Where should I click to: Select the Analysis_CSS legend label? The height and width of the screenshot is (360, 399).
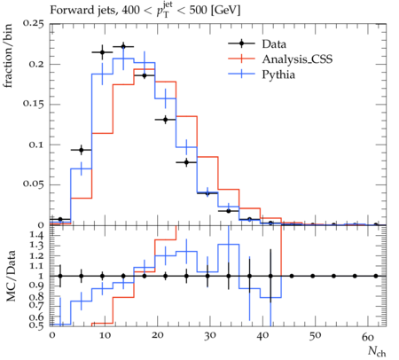pos(297,59)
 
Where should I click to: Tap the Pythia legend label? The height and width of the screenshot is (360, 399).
pos(278,74)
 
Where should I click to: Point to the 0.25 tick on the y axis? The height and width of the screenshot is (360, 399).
pos(33,24)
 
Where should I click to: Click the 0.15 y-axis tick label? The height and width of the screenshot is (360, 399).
pos(33,105)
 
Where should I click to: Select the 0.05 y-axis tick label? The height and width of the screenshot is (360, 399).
pos(33,184)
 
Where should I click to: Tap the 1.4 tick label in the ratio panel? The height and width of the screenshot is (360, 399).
pos(36,236)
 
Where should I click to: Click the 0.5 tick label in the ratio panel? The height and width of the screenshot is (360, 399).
pos(36,325)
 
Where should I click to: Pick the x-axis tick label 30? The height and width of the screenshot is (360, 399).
pos(209,336)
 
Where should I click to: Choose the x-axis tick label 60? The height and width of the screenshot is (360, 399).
pos(368,337)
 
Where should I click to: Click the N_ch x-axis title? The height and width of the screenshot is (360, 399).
pos(377,351)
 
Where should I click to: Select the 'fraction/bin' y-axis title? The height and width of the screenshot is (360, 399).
pos(8,56)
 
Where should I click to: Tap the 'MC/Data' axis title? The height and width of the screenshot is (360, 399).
pos(11,276)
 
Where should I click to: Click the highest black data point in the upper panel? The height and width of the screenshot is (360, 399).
pos(123,46)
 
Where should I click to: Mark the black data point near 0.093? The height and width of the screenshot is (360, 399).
pos(82,150)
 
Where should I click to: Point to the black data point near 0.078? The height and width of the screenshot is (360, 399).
pos(186,162)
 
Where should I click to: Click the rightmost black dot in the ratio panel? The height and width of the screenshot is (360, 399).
pos(376,276)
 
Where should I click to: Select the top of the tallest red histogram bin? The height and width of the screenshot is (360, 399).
pos(145,69)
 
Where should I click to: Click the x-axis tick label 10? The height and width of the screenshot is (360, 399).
pos(105,336)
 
